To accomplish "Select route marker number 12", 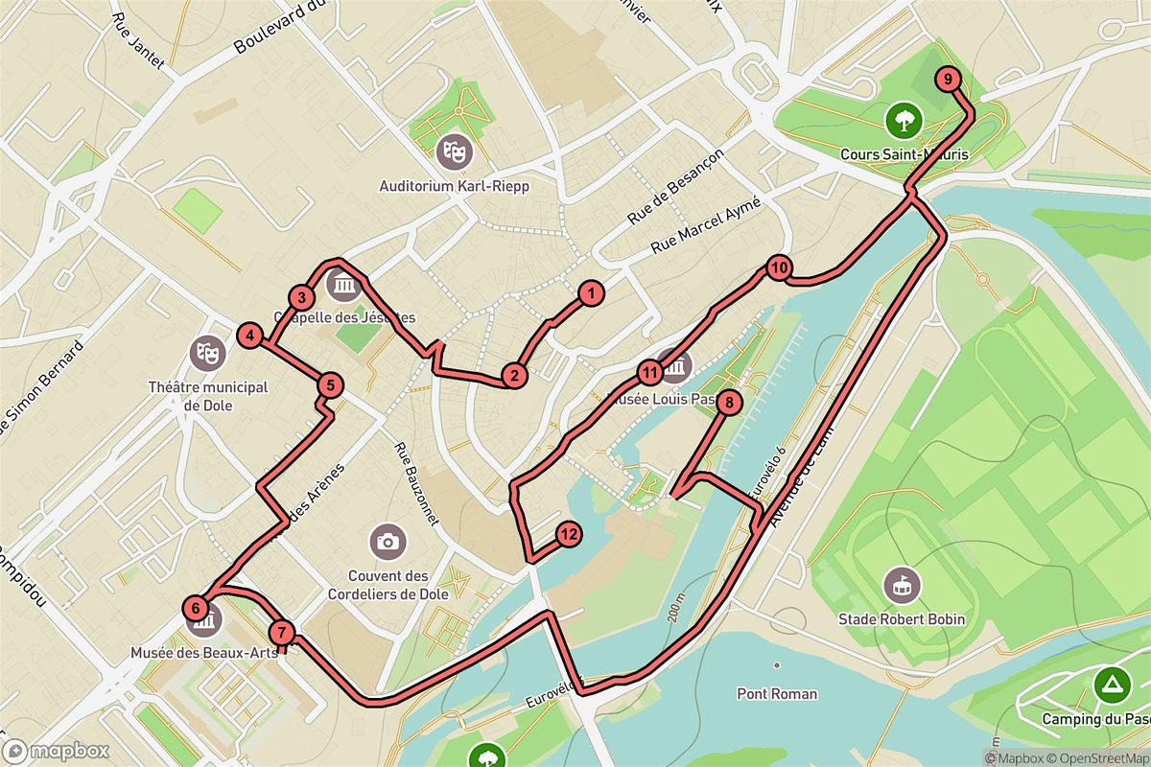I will [568, 535].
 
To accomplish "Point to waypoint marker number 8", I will [729, 403].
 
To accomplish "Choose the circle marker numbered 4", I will [249, 336].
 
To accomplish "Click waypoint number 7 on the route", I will [281, 632].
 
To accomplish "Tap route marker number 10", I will [778, 267].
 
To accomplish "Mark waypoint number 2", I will [515, 376].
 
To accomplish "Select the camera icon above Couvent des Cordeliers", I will [388, 541].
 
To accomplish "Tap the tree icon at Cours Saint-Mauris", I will [903, 120].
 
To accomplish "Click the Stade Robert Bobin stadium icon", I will [903, 582].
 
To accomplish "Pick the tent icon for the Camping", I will [1111, 685].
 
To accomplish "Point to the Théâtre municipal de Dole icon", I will [206, 352].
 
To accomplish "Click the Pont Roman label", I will [777, 693].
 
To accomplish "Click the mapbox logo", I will [56, 751].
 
